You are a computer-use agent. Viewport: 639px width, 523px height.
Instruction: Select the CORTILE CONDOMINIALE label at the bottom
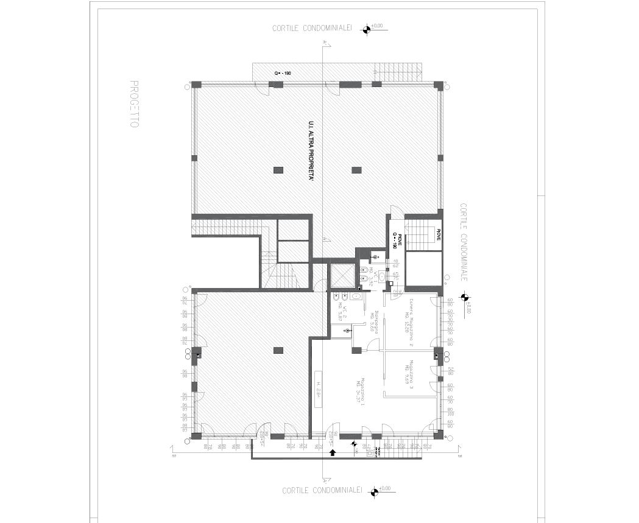coord(322,491)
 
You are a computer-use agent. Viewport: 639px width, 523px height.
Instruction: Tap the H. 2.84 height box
coord(318,389)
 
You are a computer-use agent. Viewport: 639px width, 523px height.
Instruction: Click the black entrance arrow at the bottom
coord(333,452)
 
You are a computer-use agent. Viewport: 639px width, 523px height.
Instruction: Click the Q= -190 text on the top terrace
coord(282,73)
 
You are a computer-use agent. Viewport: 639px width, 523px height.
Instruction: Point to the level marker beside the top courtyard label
coord(367,29)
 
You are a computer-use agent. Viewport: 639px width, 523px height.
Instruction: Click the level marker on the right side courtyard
coord(464,298)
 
